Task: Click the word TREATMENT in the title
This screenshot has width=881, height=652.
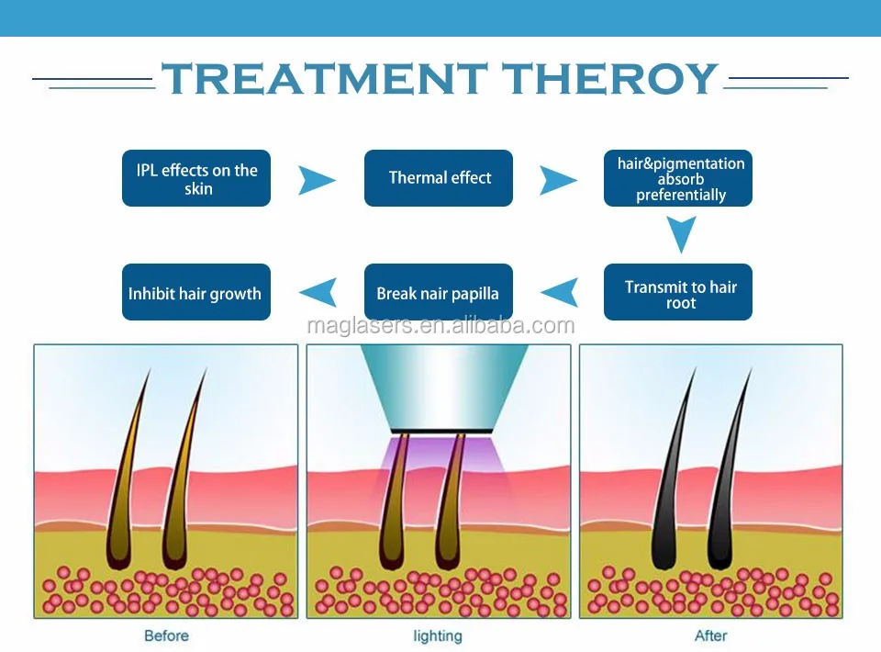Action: [325, 78]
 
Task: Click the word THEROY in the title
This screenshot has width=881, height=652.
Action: [610, 78]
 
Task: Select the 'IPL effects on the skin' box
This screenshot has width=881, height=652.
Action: [196, 178]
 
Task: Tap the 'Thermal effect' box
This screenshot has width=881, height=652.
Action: [439, 178]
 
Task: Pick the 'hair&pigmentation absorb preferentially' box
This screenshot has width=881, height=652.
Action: [677, 178]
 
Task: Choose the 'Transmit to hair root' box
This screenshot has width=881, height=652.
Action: [677, 292]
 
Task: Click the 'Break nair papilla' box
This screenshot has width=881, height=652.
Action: [439, 292]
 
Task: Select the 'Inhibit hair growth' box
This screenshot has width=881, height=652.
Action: [196, 292]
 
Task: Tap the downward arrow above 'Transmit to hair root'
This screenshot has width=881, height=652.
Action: [682, 234]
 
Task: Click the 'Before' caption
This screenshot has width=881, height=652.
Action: [166, 635]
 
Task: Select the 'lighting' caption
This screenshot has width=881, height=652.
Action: [438, 636]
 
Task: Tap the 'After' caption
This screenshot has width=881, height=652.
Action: [710, 635]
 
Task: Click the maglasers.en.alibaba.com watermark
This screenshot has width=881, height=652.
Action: [440, 325]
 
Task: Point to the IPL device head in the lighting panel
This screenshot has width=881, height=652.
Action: [443, 388]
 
